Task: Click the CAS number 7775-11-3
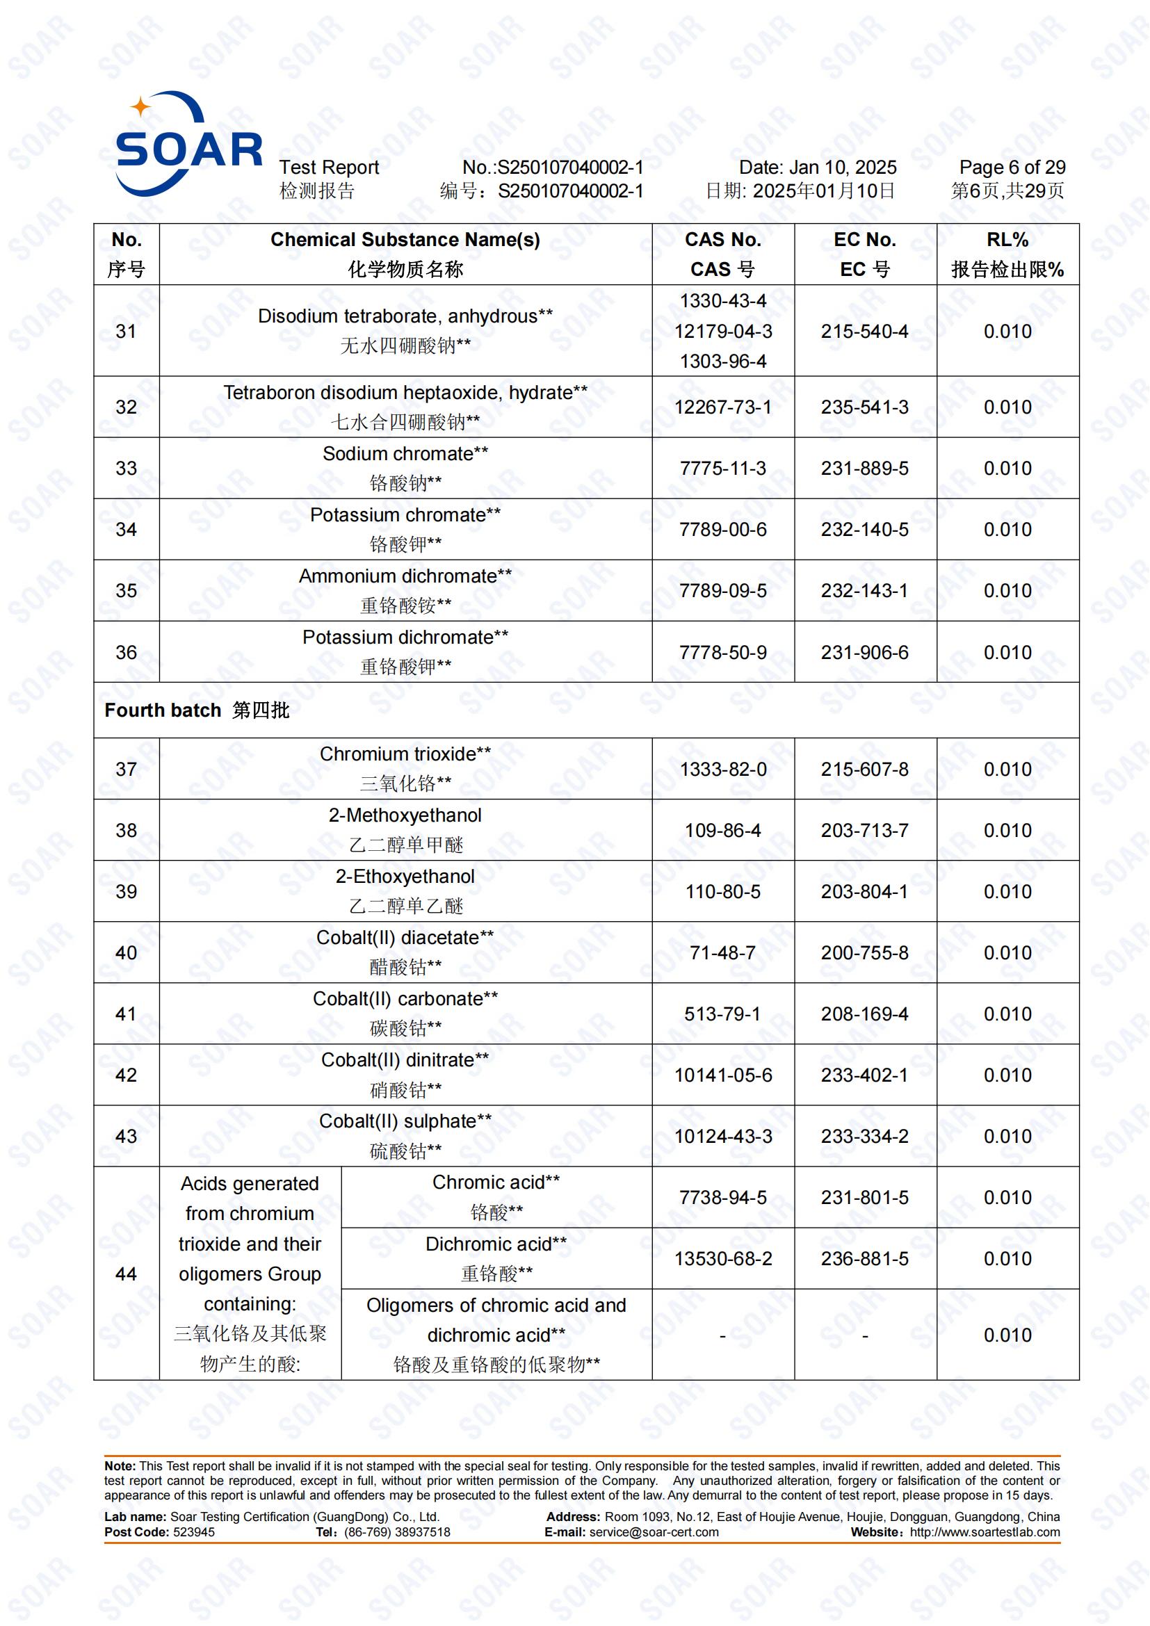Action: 722,468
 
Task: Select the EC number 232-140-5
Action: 864,529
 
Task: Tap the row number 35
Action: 126,591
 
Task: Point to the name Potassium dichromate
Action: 405,637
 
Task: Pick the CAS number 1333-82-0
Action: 722,769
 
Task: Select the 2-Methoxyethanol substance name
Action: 405,815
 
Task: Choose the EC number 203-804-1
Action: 864,891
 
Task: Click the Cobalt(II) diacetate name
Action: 405,938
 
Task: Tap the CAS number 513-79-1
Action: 722,1014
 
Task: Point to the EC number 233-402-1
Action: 864,1075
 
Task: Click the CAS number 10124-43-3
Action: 722,1136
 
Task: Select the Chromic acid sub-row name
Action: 496,1182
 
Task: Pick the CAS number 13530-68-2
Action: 722,1258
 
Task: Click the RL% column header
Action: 1007,240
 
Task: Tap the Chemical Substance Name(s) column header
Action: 405,240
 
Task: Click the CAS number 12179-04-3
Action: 722,331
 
